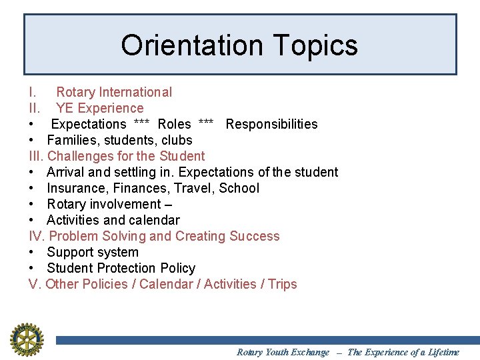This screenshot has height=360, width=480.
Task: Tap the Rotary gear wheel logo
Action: pos(27,339)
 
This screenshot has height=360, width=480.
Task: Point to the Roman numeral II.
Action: pos(35,108)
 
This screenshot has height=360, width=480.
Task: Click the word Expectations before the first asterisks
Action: pos(89,124)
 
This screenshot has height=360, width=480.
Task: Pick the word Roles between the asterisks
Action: pos(174,124)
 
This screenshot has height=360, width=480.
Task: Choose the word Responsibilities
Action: pos(271,124)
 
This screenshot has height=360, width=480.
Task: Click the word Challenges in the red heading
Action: pos(80,156)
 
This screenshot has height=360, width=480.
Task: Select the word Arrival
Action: pos(67,172)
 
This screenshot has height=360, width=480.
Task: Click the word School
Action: pos(239,188)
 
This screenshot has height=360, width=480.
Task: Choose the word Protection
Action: pos(129,268)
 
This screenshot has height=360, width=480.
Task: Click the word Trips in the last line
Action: pos(283,284)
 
